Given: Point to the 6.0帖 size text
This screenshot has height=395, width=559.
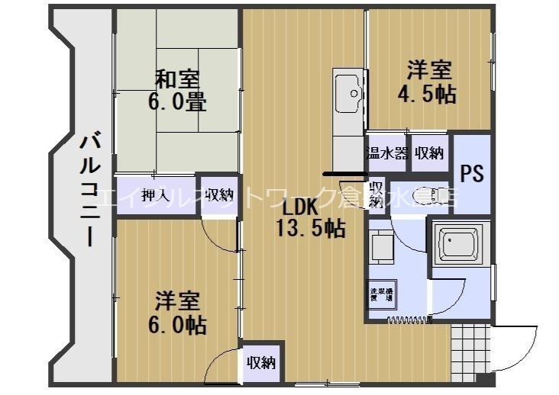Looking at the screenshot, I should [176, 325].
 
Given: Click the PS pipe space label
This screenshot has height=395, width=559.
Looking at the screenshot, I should [471, 174].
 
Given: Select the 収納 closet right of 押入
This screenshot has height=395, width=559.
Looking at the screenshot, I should [219, 194].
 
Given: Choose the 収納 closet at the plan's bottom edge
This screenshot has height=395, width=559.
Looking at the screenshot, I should [260, 364].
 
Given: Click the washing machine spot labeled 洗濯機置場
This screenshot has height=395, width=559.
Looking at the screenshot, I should [380, 295].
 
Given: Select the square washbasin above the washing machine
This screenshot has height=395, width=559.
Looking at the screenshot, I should [380, 246].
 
